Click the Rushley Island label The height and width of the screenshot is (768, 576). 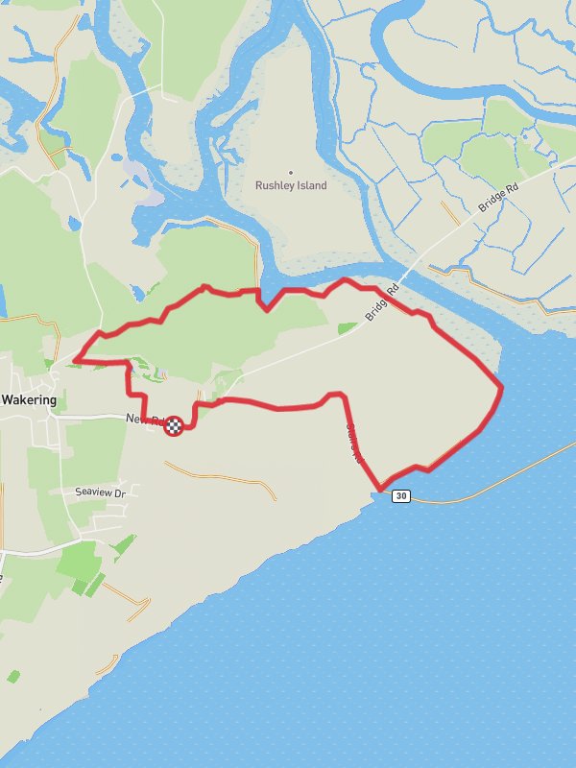point(291,185)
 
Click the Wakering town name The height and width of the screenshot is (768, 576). point(29,399)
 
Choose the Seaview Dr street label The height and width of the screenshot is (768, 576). point(101,492)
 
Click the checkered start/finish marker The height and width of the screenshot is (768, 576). point(174,425)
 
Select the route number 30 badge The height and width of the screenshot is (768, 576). point(401,495)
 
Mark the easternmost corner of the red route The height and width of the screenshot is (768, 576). point(501,386)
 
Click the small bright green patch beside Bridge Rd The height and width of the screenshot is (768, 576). point(348,328)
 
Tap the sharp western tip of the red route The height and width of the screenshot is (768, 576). point(74,361)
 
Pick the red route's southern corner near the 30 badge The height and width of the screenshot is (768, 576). point(382,489)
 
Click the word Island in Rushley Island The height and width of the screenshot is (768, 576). point(311,185)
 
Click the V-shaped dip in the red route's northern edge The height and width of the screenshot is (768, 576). point(266,309)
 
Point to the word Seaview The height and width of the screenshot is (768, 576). point(93,492)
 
